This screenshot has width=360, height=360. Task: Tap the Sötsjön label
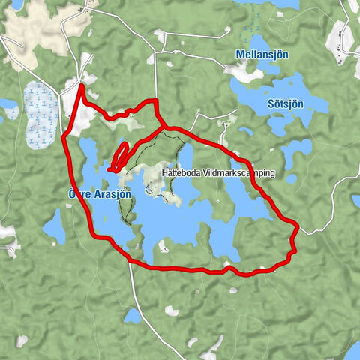[x=286, y=103]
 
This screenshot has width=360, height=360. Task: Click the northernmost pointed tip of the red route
[x=81, y=86]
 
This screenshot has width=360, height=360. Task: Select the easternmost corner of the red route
[x=298, y=225]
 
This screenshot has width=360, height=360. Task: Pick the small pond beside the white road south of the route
[x=132, y=315]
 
